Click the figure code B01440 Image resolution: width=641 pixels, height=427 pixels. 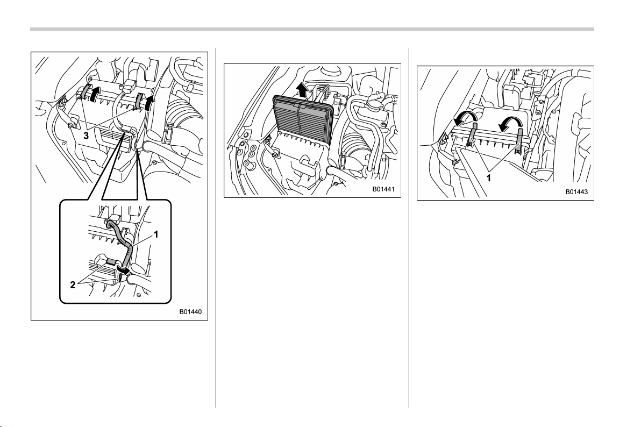[190, 312]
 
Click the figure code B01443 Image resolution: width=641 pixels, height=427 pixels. [576, 191]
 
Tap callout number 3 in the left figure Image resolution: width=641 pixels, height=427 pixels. [86, 136]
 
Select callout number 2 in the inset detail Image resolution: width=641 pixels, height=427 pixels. [73, 285]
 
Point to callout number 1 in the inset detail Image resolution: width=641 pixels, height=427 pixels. [156, 234]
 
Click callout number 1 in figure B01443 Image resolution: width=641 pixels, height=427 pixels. [488, 179]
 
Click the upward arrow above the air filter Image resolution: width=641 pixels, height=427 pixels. [302, 88]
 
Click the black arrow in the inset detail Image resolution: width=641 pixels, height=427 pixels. [124, 269]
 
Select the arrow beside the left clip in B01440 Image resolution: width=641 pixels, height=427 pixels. [95, 93]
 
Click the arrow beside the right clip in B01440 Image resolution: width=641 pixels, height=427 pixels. [151, 103]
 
